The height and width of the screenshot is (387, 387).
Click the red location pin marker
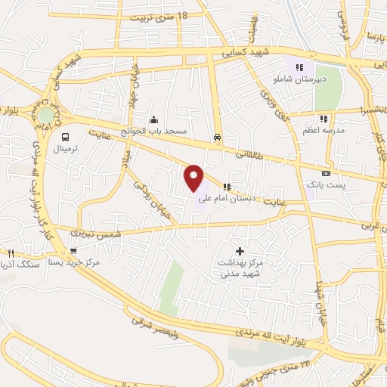pos(194,178)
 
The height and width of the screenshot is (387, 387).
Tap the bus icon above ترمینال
pos(66,138)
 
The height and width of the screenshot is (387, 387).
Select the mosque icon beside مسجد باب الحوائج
pos(154,119)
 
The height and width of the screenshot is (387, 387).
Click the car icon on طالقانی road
pos(218,138)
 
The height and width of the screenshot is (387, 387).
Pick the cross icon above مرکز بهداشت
pos(240,250)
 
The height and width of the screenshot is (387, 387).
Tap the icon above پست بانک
pos(326,173)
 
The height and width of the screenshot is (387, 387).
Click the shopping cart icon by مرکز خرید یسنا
pos(73,252)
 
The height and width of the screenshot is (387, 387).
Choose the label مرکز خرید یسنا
pos(74,262)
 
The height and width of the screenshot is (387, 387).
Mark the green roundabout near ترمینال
pos(47,116)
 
